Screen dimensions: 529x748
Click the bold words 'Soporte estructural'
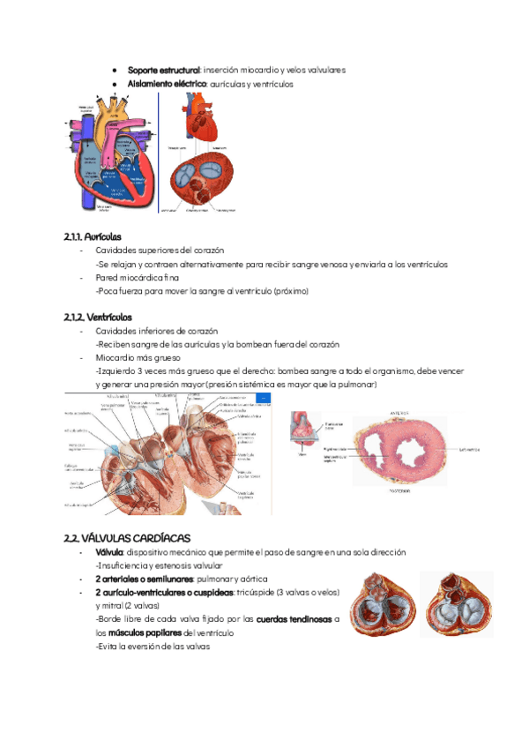pyautogui.click(x=163, y=70)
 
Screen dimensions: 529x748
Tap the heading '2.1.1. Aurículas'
pyautogui.click(x=93, y=237)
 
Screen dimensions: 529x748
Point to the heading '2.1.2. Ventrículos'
pyautogui.click(x=98, y=317)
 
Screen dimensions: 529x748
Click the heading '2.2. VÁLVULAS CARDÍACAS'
pyautogui.click(x=127, y=538)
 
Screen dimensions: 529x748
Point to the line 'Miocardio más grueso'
pyautogui.click(x=137, y=357)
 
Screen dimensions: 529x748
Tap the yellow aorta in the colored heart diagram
pyautogui.click(x=113, y=116)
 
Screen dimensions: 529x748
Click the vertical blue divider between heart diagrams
pyautogui.click(x=159, y=152)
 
